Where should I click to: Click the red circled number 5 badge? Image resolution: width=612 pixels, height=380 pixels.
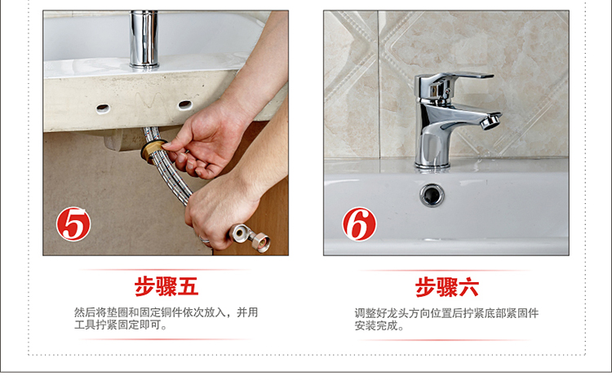(73, 224)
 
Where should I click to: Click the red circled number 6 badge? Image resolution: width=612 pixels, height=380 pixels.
(360, 224)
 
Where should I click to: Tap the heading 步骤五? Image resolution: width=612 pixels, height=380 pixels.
(166, 287)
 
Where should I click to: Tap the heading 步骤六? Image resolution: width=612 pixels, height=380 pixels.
(447, 288)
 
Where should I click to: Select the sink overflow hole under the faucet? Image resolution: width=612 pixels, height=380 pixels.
(432, 195)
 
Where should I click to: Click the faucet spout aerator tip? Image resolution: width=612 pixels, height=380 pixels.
(491, 122)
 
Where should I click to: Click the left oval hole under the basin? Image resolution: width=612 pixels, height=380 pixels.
(103, 108)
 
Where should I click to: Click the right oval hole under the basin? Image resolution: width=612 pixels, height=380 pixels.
(184, 104)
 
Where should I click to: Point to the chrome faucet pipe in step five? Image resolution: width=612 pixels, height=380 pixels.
(144, 39)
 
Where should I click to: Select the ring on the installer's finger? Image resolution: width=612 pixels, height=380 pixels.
(204, 240)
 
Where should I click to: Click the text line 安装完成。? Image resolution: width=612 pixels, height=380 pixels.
(379, 325)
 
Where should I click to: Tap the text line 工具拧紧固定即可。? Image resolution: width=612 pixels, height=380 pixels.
(120, 325)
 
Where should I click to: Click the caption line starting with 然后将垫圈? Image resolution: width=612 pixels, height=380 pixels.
(166, 312)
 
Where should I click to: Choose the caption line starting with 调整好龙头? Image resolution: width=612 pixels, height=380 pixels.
(446, 313)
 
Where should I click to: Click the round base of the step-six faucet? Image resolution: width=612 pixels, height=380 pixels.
(432, 165)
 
